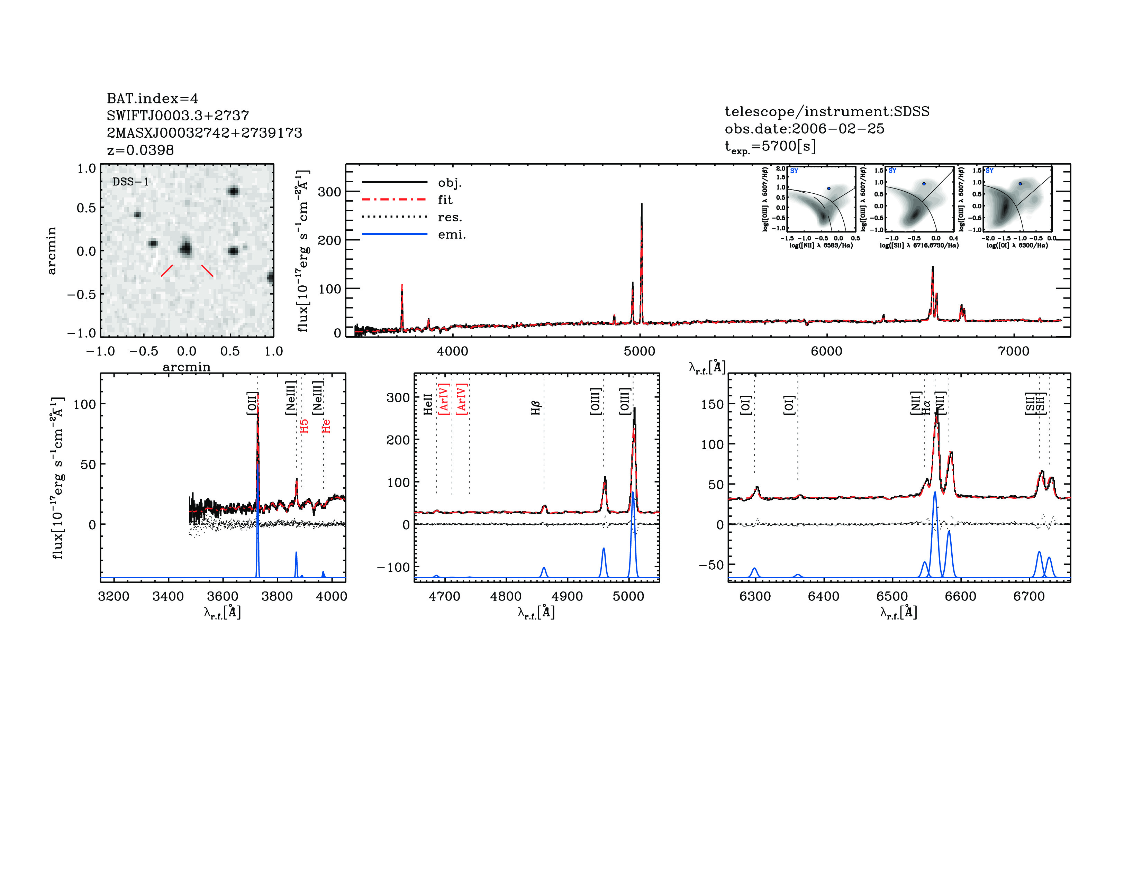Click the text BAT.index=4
click(152, 98)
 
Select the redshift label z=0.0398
click(140, 150)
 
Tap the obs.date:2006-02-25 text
click(804, 129)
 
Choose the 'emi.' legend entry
click(451, 235)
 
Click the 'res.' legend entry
click(450, 217)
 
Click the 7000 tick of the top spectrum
click(1013, 351)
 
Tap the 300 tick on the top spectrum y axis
click(329, 192)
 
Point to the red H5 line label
click(304, 425)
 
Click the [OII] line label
click(252, 403)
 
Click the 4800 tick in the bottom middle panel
click(506, 596)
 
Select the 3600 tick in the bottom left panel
click(223, 596)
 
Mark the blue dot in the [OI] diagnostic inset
click(1020, 184)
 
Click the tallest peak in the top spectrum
click(642, 205)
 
